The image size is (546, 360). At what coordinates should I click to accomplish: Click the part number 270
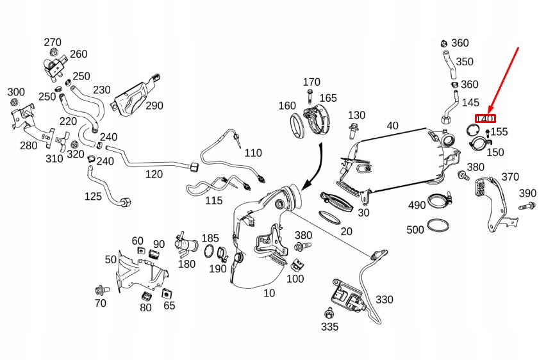(53, 42)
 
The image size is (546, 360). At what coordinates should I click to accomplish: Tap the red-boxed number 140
(485, 119)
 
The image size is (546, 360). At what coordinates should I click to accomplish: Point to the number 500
(415, 229)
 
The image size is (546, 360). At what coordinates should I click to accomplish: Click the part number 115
(213, 200)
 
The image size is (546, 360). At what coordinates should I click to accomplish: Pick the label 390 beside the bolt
(527, 193)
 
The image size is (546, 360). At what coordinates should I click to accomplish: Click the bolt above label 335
(329, 313)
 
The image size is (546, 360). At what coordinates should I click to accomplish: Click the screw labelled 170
(309, 96)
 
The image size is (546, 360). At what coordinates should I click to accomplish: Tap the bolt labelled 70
(99, 288)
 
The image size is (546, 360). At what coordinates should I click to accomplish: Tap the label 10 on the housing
(269, 293)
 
